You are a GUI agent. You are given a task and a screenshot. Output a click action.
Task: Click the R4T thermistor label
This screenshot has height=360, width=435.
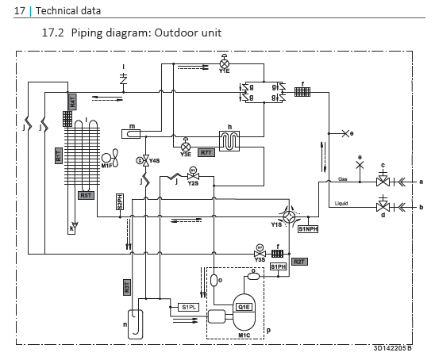(72, 101)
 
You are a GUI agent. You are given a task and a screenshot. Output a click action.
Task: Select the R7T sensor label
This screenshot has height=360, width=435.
(206, 151)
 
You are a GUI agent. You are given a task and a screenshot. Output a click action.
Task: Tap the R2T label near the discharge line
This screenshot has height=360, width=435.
(298, 261)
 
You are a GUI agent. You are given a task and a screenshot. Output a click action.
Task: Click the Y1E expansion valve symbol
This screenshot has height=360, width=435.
(224, 63)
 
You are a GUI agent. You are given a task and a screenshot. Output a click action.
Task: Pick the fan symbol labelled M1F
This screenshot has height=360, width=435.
(110, 155)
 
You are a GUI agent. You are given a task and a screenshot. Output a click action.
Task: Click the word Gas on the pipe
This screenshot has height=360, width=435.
(342, 178)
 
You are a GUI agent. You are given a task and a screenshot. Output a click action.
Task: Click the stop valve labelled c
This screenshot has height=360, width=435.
(384, 182)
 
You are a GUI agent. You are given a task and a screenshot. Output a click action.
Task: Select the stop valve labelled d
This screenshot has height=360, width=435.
(384, 208)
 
